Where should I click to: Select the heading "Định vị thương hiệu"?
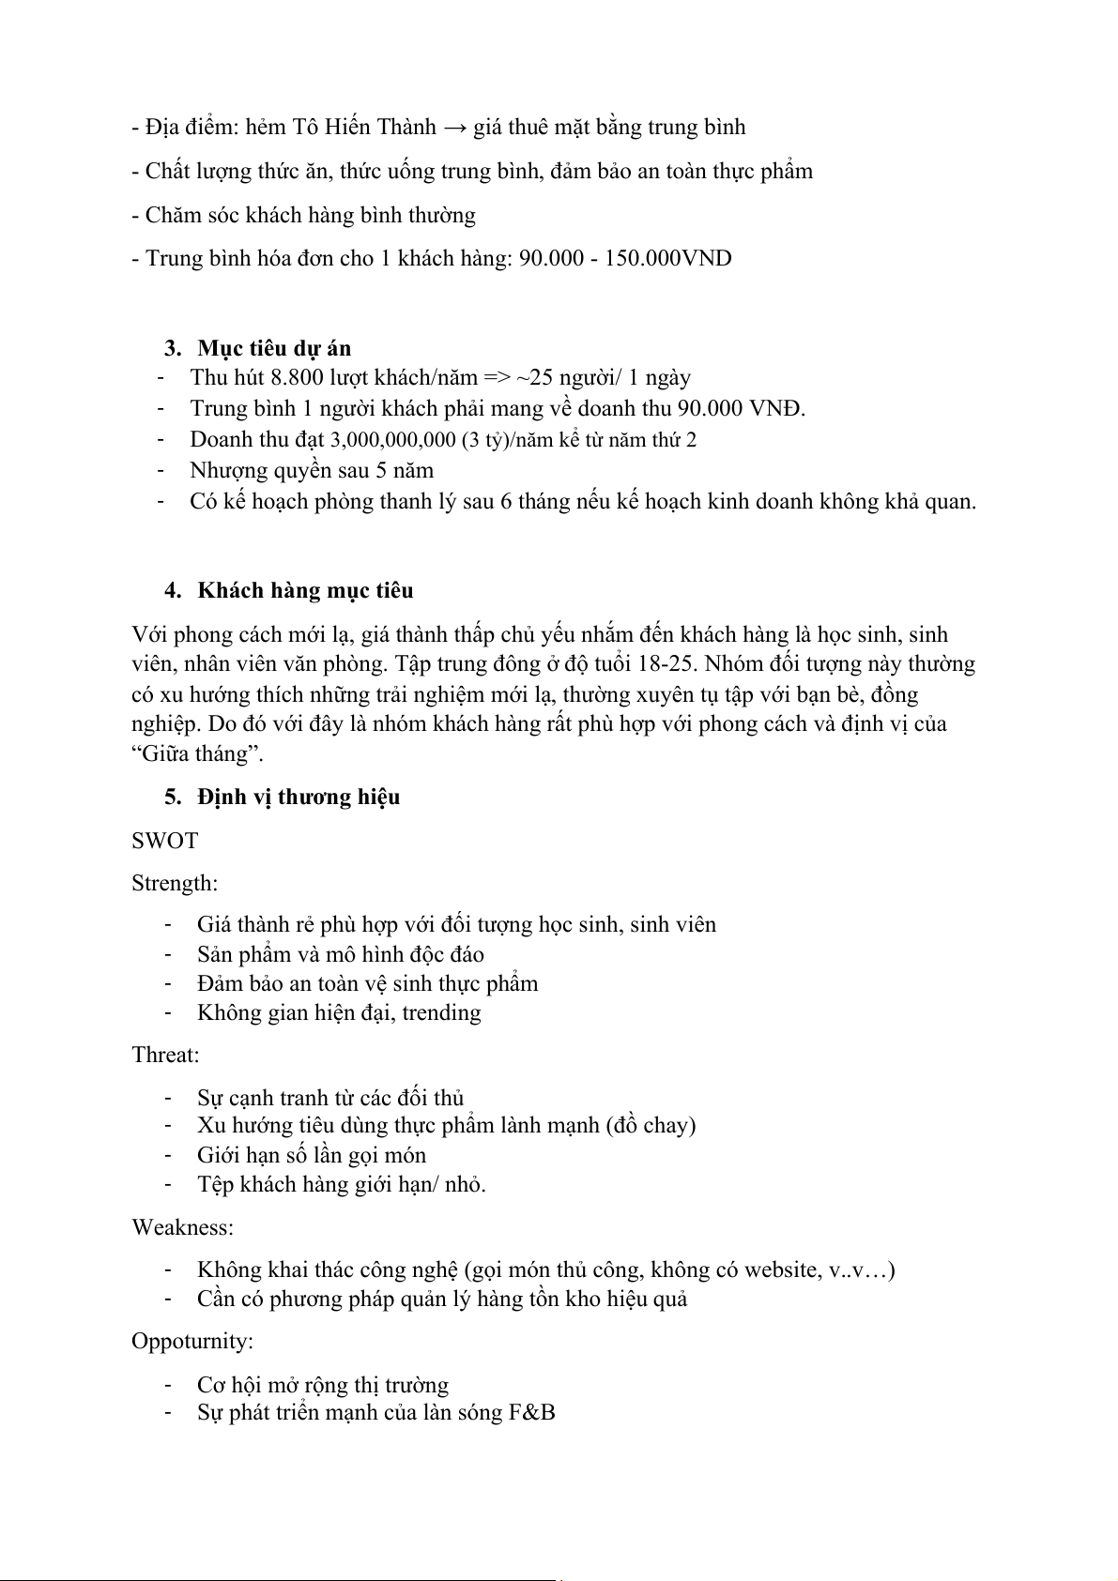[x=299, y=798]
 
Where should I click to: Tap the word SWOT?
[x=165, y=841]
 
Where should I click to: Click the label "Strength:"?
[x=175, y=884]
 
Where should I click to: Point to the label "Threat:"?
[x=166, y=1056]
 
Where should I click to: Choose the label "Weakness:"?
[x=183, y=1227]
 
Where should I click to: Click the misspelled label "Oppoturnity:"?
[x=192, y=1342]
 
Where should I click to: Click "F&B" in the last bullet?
[x=532, y=1412]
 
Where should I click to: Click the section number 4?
[x=172, y=591]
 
